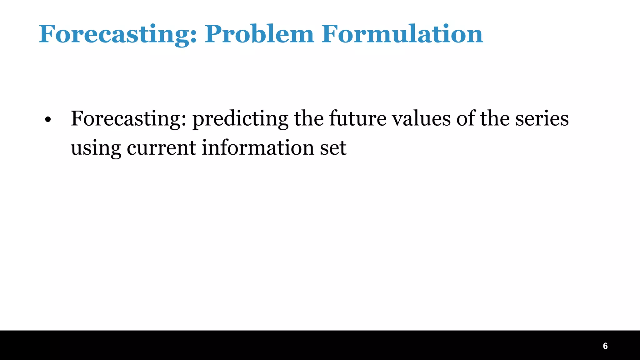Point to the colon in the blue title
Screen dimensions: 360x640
point(194,36)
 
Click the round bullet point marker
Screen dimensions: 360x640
point(47,120)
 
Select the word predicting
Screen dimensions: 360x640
point(240,119)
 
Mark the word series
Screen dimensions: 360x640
point(542,119)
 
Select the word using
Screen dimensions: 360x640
point(96,148)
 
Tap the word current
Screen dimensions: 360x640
point(161,148)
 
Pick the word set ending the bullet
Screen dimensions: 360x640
point(333,148)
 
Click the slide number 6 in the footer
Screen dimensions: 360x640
point(605,346)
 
